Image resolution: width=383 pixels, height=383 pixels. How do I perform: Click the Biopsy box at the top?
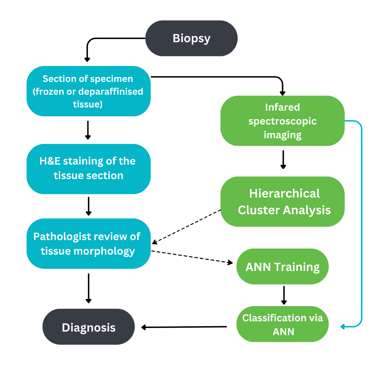(191, 38)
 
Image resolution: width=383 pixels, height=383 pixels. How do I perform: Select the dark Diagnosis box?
(89, 327)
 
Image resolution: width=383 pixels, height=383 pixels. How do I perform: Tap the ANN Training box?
(282, 266)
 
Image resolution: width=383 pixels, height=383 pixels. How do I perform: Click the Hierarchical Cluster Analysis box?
(282, 201)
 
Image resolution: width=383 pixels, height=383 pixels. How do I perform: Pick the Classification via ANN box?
(282, 324)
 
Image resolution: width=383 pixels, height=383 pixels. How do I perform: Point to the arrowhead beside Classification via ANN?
(343, 327)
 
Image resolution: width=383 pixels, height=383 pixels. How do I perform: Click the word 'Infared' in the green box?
(282, 107)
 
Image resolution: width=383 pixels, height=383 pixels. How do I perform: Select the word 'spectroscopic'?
(282, 121)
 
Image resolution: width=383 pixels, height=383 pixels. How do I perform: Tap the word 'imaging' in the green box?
(282, 135)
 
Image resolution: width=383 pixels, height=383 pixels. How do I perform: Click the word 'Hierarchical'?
(284, 194)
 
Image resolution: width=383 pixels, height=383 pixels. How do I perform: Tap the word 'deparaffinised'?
(110, 91)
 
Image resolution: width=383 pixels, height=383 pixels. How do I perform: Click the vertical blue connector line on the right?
(362, 223)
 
